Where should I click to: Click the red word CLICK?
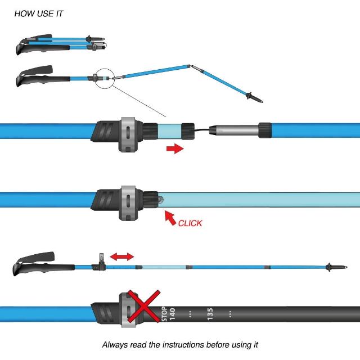point(190,223)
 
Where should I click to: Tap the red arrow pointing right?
point(175,148)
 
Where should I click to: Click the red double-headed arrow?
point(121,256)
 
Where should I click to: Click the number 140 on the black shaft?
point(172,314)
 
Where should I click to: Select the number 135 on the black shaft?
point(210,314)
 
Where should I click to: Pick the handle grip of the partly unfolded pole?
point(37,75)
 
